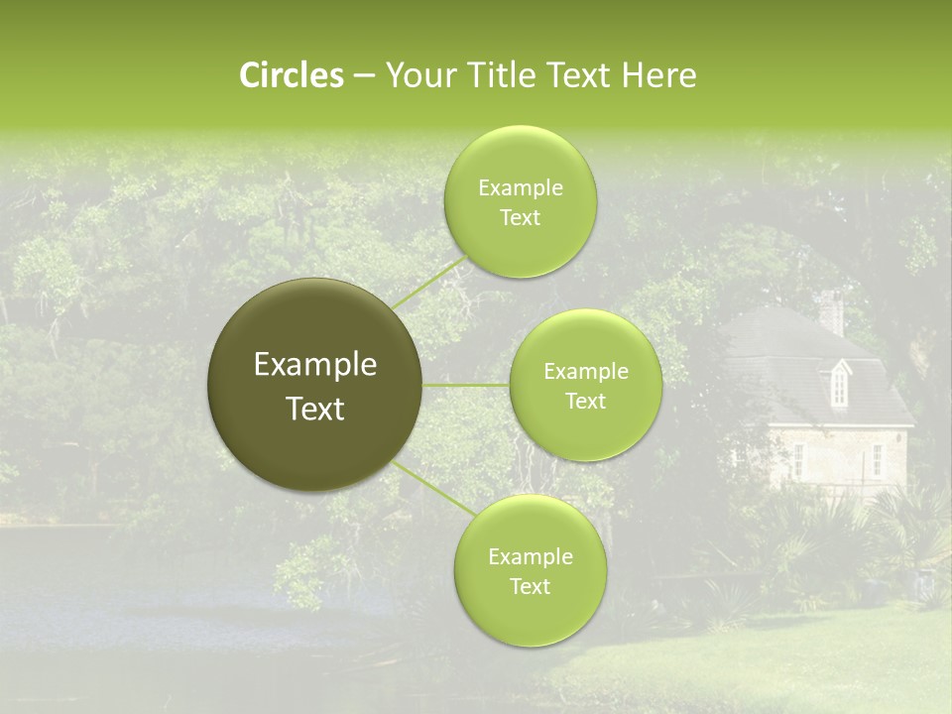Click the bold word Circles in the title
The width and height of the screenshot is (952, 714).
[292, 75]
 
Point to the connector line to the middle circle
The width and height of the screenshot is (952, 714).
[466, 385]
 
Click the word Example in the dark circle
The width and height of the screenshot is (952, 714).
[315, 365]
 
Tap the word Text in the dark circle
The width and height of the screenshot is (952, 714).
[315, 409]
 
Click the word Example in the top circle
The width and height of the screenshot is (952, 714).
[521, 188]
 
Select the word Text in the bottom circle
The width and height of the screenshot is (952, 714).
[530, 586]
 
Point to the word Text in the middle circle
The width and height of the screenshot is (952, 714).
[586, 401]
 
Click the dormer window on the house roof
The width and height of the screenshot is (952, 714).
[839, 383]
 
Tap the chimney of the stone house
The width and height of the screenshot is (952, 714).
[831, 312]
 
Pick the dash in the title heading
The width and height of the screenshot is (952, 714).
[363, 76]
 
